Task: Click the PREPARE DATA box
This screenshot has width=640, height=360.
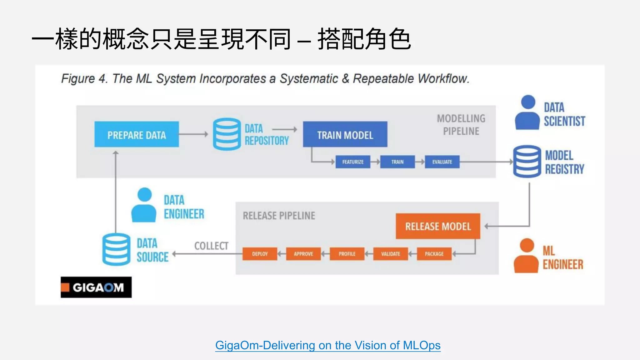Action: tap(137, 134)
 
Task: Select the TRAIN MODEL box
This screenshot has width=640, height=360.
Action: tap(345, 134)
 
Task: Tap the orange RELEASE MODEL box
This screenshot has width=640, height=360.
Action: tap(438, 226)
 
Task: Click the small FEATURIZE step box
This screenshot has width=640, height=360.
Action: tap(353, 162)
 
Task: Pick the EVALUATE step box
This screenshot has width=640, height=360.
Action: tap(442, 162)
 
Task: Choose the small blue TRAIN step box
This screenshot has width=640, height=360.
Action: tap(397, 162)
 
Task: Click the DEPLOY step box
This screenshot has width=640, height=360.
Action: tap(260, 254)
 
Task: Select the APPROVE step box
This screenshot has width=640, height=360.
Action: tap(303, 254)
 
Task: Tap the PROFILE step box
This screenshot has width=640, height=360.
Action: tap(347, 254)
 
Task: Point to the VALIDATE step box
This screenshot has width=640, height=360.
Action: tap(391, 254)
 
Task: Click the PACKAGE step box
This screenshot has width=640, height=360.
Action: tap(434, 254)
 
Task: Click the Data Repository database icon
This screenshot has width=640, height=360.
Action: tap(227, 134)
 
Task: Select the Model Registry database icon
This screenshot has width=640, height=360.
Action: tap(527, 162)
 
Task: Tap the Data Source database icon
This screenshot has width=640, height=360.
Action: tap(116, 249)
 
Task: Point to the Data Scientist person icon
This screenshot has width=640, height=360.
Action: tap(527, 112)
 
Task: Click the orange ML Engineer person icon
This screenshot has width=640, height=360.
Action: tap(527, 256)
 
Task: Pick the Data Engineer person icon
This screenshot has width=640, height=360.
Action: tap(144, 205)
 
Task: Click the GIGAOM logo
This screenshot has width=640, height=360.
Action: tap(96, 287)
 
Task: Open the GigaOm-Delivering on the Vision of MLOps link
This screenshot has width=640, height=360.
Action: tap(328, 345)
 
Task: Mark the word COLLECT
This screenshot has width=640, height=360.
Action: tap(211, 246)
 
